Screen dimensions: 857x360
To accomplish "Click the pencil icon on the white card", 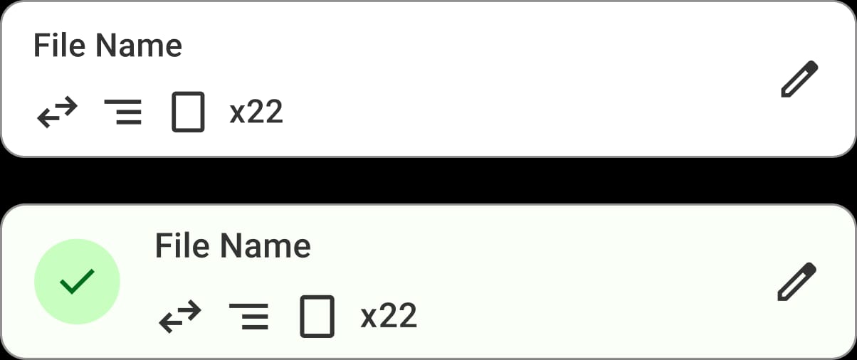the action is (799, 79).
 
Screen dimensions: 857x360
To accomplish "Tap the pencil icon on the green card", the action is (797, 282).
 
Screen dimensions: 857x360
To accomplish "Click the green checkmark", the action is (78, 282).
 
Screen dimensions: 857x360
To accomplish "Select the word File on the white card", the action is (59, 46).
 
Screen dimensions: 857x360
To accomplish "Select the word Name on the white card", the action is (139, 46).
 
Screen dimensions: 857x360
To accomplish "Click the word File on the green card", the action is (182, 245).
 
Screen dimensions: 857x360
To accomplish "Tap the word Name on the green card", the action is (265, 245).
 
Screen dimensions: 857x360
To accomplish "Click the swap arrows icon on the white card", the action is (58, 112).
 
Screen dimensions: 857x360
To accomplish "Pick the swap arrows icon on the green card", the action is (180, 317).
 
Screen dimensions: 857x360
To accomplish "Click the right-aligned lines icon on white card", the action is (123, 112).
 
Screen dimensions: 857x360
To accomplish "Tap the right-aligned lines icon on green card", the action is (248, 317).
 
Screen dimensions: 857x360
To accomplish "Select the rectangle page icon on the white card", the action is (188, 112).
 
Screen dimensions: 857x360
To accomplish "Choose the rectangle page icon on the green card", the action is (317, 317).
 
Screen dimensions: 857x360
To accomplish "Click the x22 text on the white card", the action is (256, 112).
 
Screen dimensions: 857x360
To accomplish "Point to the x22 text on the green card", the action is (389, 316).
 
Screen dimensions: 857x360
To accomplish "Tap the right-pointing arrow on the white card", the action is (65, 105).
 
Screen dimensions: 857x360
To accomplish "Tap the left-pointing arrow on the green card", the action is (172, 323).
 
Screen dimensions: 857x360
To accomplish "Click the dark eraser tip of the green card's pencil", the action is (810, 268).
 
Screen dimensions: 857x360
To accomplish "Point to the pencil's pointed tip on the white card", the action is (783, 95).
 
